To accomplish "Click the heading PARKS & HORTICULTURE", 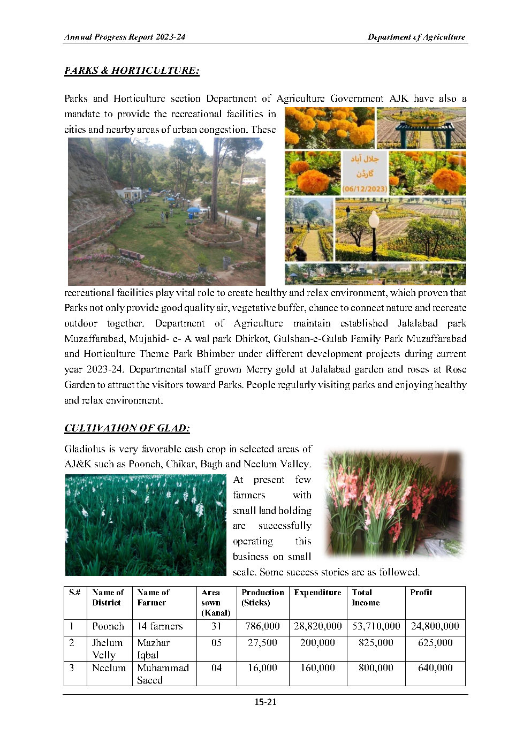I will coord(132,71).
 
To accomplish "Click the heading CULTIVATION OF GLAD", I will coord(127,428).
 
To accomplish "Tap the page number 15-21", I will coord(265,702).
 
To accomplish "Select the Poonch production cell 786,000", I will coord(262,626).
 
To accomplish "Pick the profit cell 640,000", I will coord(435,668).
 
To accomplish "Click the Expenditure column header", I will coord(317,593).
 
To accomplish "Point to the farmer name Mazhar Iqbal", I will coord(154,648).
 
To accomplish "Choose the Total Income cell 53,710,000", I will coord(376,626).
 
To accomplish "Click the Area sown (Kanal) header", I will coord(216,603).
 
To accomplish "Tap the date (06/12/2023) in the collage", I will coord(365,188).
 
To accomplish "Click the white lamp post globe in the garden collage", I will coord(374,219).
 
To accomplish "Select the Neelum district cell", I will coord(109,668).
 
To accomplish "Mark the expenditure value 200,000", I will coord(317,643).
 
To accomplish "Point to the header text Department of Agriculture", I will coord(416,37).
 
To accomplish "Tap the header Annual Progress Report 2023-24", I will coord(125,37).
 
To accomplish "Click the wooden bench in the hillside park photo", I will coord(131,254).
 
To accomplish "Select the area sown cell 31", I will coord(216,626).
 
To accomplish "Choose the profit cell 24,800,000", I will coord(435,626).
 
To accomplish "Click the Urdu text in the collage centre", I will coord(365,166).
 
